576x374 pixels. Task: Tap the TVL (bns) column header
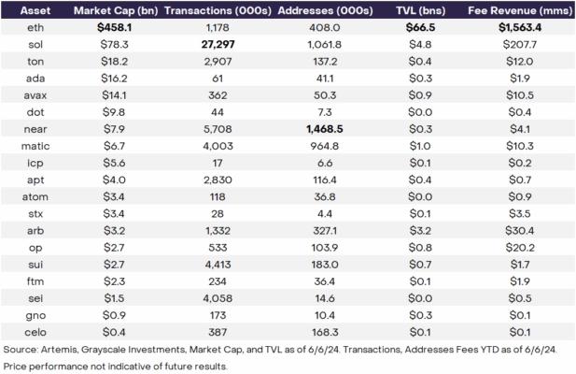423,11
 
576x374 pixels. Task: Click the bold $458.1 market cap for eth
114,29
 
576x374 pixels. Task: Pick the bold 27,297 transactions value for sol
218,45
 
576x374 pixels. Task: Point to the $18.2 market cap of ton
114,61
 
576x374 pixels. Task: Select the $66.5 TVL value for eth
423,29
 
